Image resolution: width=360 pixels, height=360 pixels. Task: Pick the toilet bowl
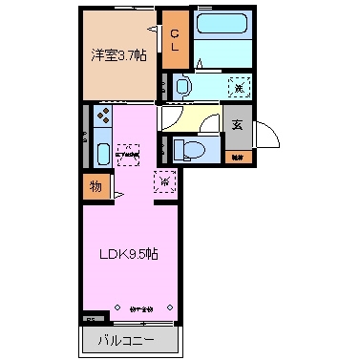[x=191, y=147]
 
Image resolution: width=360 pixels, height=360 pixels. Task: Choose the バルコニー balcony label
[x=125, y=340]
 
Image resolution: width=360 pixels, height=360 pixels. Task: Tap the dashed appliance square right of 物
[x=165, y=180]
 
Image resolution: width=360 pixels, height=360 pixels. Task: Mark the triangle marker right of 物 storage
[x=116, y=196]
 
